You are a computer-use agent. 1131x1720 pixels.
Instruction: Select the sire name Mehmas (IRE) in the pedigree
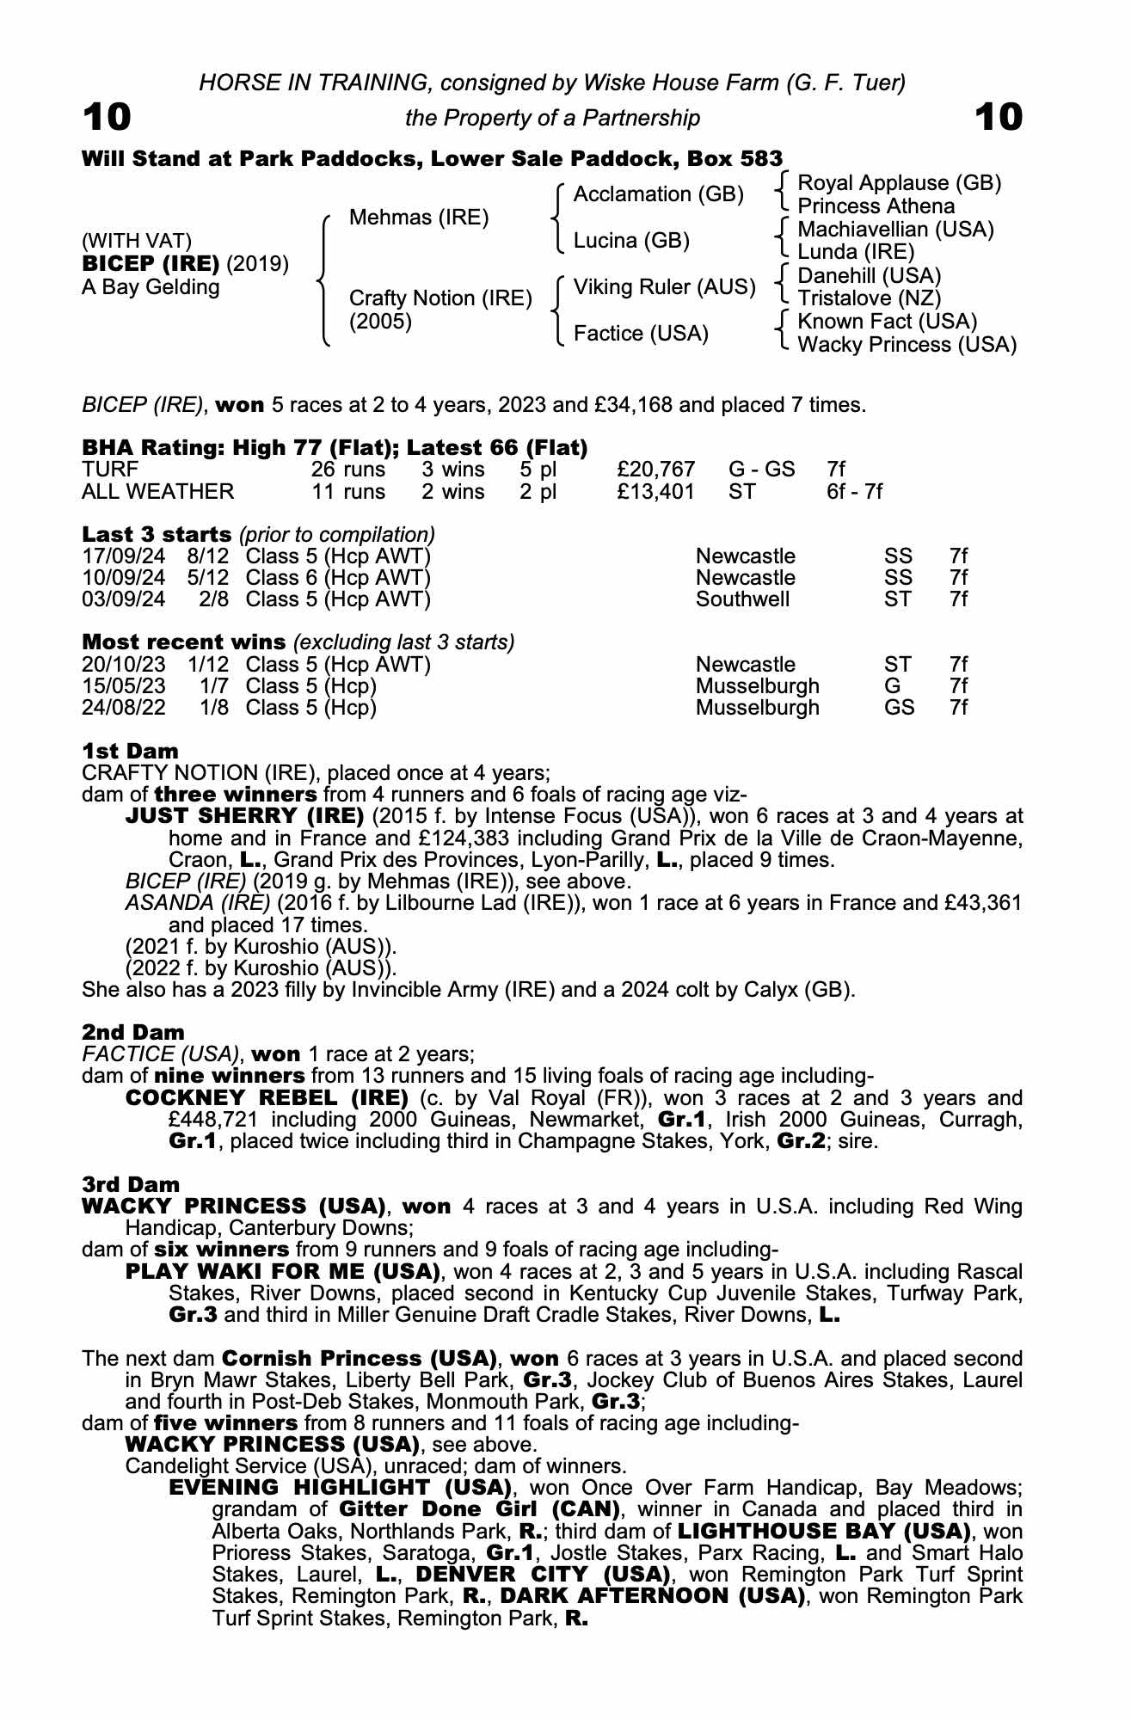click(x=418, y=218)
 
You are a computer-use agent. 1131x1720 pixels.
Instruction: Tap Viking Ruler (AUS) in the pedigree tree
click(x=664, y=287)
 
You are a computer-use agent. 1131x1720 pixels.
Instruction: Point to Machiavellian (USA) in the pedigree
click(x=895, y=230)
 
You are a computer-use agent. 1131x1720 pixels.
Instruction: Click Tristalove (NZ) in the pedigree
click(x=869, y=298)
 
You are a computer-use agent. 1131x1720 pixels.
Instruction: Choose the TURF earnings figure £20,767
click(x=655, y=470)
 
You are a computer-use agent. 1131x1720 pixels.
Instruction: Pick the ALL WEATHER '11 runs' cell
click(x=347, y=492)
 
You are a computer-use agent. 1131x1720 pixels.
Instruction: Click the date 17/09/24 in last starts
click(x=123, y=556)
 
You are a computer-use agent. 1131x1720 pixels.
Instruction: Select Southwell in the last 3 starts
click(x=742, y=599)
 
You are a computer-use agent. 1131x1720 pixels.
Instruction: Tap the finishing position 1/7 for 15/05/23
click(x=213, y=686)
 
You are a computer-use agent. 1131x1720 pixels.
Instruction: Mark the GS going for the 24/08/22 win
click(x=899, y=708)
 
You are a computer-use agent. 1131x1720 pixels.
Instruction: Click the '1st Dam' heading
click(x=130, y=751)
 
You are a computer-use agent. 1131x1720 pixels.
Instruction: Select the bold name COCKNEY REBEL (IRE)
click(x=267, y=1098)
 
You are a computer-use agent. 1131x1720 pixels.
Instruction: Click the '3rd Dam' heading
click(x=131, y=1184)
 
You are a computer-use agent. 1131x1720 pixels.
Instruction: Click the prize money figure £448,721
click(x=218, y=1120)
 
